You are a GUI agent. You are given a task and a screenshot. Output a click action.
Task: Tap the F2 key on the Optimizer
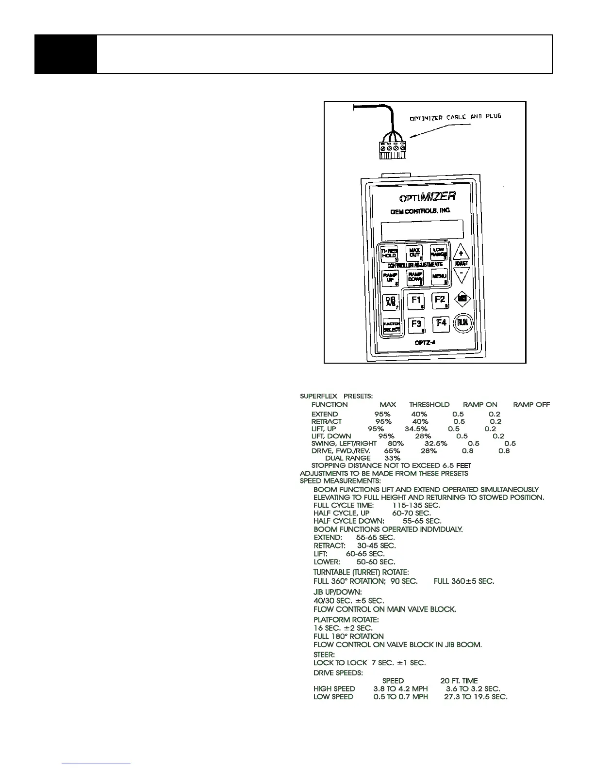440,301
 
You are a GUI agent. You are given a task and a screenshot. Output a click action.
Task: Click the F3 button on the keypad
416,324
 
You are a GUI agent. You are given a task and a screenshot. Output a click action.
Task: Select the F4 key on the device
441,323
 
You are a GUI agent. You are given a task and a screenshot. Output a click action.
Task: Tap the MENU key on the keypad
439,277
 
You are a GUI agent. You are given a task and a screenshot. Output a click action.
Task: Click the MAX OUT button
415,252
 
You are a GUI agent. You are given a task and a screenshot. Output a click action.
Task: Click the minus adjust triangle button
461,275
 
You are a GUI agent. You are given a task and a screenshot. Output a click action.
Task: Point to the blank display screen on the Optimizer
422,230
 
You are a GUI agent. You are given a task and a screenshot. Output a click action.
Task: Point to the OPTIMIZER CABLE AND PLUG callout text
455,117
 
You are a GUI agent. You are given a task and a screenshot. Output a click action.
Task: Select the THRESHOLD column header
429,404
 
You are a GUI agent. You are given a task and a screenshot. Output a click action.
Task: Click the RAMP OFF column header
531,404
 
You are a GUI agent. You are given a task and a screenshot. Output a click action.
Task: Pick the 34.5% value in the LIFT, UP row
416,429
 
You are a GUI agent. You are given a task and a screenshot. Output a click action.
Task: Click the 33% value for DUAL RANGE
392,458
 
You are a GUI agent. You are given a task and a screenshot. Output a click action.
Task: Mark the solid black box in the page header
66,54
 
